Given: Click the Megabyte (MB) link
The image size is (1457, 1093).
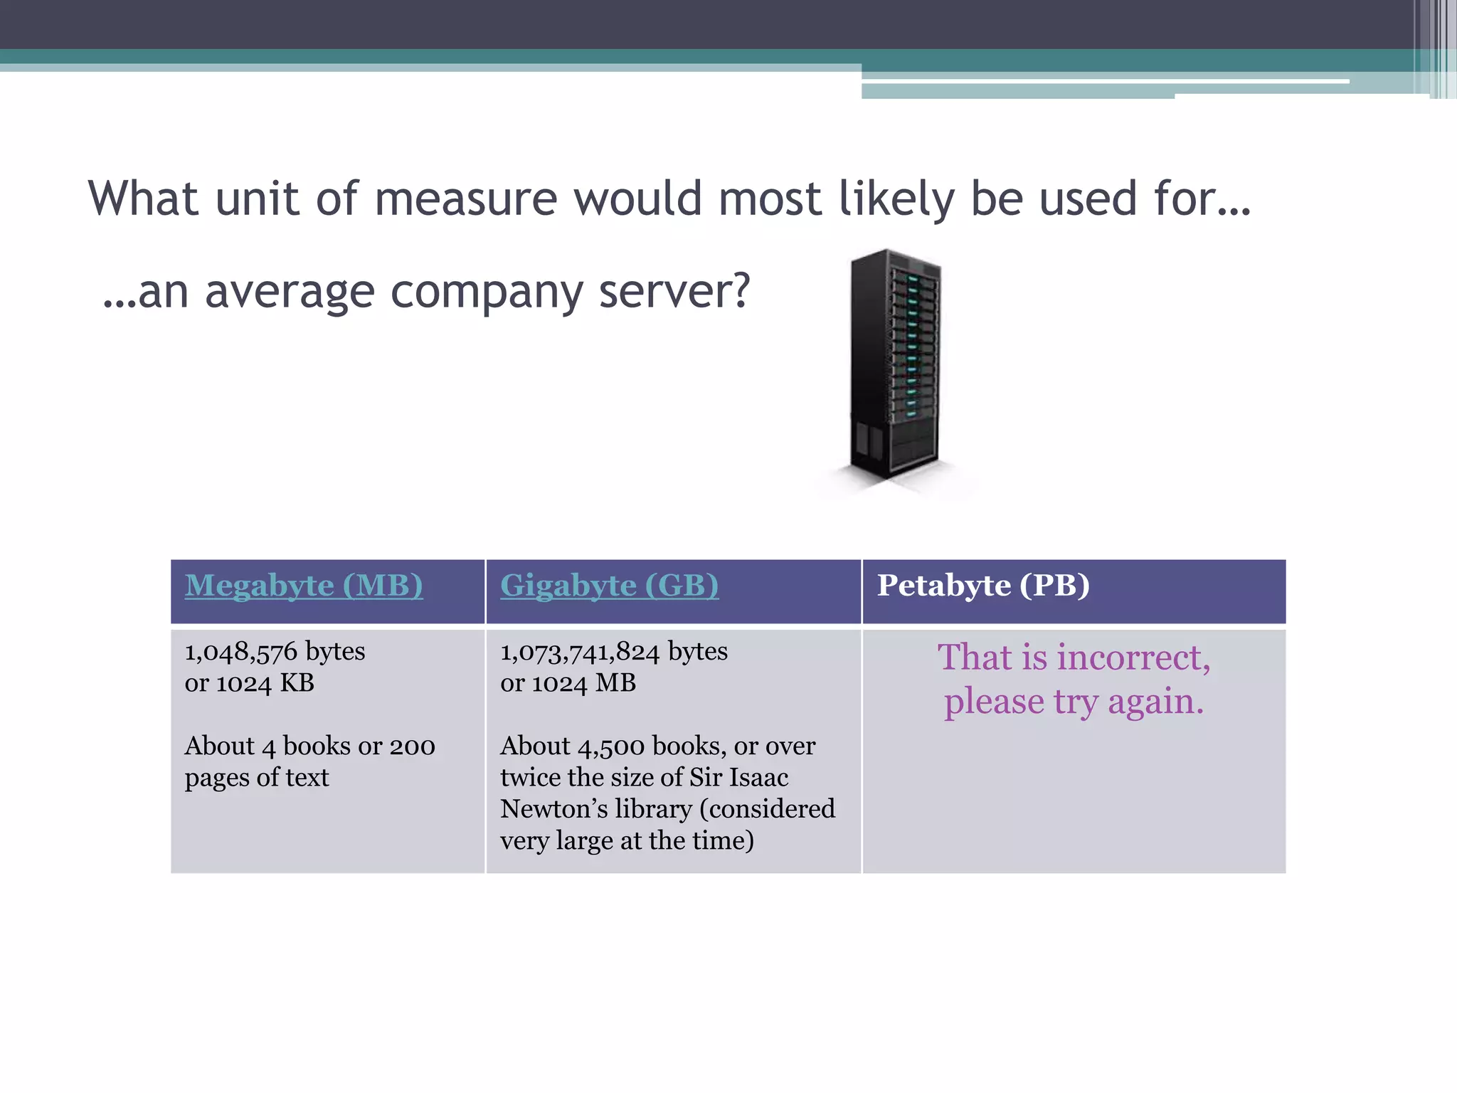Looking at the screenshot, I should pos(304,586).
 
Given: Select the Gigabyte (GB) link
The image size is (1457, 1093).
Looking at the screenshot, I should pos(609,586).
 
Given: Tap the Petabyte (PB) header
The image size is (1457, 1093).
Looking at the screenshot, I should pos(983,586).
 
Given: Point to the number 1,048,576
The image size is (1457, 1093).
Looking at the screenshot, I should pos(241,652).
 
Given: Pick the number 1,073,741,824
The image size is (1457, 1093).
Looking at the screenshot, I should pos(580,652).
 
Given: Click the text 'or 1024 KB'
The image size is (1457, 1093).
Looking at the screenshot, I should pos(249,683).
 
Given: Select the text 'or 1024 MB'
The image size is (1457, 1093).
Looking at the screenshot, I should pos(568,683).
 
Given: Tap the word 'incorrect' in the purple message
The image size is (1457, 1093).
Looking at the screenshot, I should pos(1133,657).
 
